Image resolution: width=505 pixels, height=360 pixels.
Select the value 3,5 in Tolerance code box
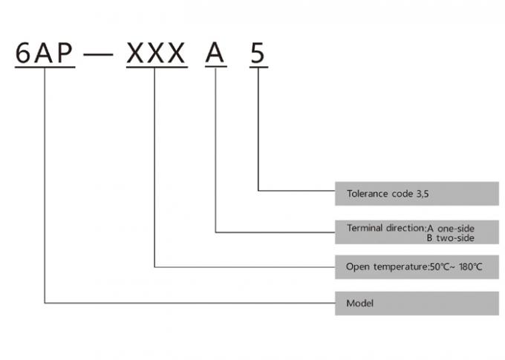[x=422, y=194]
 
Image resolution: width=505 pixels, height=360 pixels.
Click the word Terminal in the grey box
[x=365, y=227]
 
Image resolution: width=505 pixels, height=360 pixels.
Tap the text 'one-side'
[x=455, y=227]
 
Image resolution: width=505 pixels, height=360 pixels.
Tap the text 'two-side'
[x=455, y=238]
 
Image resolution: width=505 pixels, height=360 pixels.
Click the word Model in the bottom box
[x=359, y=304]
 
